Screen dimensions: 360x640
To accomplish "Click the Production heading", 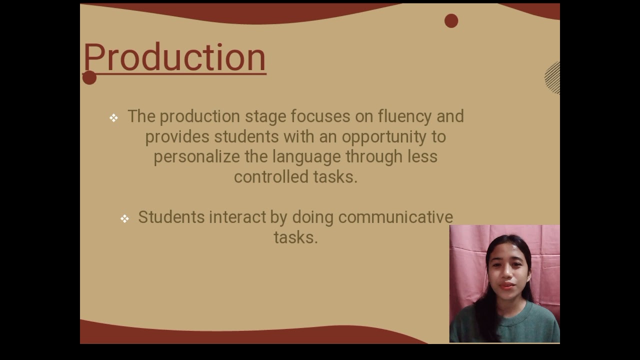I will point(174,57).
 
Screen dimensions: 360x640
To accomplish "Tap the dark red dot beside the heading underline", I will point(89,77).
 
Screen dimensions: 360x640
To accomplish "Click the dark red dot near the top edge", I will point(451,21).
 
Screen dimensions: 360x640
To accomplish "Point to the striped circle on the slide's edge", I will point(553,77).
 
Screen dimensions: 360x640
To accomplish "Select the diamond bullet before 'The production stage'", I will point(114,118).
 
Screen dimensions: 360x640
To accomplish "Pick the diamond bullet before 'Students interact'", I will point(124,218).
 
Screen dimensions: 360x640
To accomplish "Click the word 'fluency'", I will point(404,116).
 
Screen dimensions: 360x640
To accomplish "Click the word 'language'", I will point(305,157).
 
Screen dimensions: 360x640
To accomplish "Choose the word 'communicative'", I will point(395,217).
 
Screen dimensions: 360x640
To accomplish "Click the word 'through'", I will point(373,157).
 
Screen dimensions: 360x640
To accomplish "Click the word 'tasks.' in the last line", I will point(295,237).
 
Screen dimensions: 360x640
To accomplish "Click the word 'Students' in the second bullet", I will point(171,217).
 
